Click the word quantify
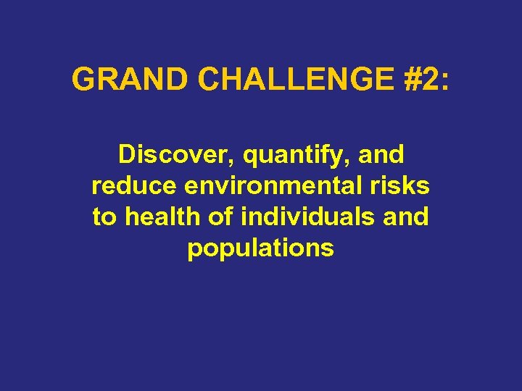286,155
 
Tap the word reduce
135,185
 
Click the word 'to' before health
104,216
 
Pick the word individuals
302,216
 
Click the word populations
261,248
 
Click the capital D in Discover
126,154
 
